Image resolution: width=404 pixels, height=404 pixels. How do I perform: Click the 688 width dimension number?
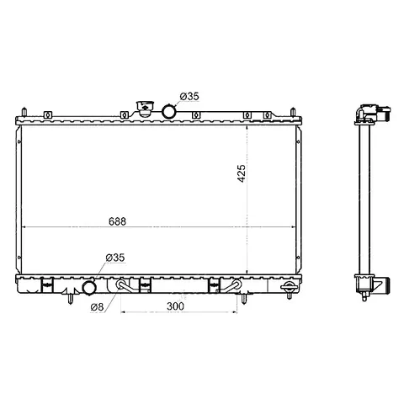(117, 221)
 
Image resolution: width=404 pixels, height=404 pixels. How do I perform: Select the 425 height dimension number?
(242, 173)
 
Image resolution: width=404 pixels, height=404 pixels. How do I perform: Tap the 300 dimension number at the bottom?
(175, 306)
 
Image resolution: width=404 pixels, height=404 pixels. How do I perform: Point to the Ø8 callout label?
(97, 307)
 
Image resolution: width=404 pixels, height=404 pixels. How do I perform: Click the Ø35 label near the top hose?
(189, 97)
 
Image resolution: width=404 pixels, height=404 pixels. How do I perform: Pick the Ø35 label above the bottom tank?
(115, 258)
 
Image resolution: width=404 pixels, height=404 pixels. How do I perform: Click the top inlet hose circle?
(169, 111)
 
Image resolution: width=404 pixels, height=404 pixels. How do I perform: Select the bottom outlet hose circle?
(89, 288)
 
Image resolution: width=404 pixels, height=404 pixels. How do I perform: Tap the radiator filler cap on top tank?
(145, 109)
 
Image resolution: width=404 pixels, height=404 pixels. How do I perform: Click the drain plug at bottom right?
(289, 290)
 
